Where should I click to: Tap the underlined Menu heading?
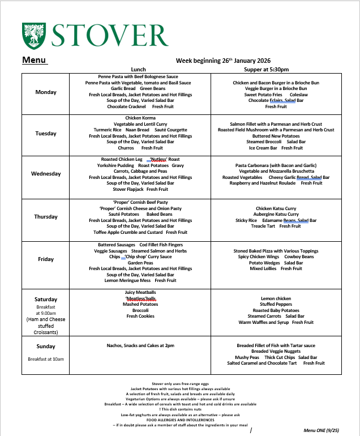(x=34, y=60)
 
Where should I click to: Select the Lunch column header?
(x=138, y=69)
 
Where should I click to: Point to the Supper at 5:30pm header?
(x=276, y=69)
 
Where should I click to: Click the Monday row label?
(x=46, y=92)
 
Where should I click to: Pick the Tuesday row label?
(x=46, y=134)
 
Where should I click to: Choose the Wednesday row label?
(x=46, y=174)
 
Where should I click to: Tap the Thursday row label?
(x=46, y=217)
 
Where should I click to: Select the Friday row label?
(x=46, y=259)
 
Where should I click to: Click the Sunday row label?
(x=46, y=347)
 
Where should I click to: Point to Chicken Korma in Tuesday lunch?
(x=140, y=118)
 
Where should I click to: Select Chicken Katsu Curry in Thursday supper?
(x=276, y=208)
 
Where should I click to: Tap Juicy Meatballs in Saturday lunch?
(x=140, y=292)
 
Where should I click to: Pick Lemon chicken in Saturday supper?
(x=276, y=298)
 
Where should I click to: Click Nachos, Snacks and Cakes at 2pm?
(x=140, y=345)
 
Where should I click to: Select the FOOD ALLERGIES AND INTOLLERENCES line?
(x=180, y=420)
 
